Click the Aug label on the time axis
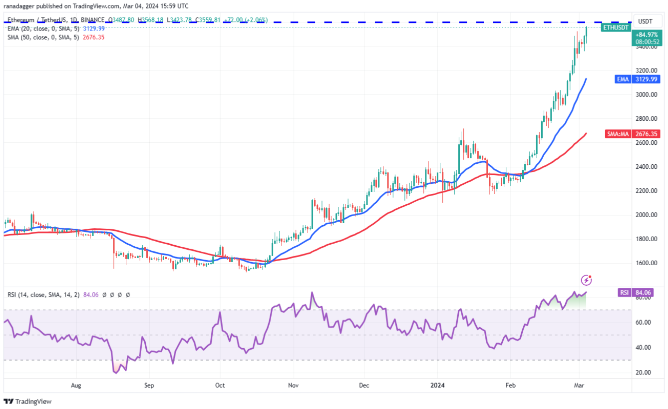pos(76,386)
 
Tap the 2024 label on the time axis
pos(437,386)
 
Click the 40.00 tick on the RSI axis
pos(643,348)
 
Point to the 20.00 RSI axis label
pos(643,373)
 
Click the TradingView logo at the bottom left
pos(28,402)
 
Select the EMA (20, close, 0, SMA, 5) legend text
pos(43,28)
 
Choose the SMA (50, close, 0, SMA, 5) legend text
pos(43,37)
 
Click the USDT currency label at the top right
pos(646,21)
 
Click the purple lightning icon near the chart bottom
pos(587,279)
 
